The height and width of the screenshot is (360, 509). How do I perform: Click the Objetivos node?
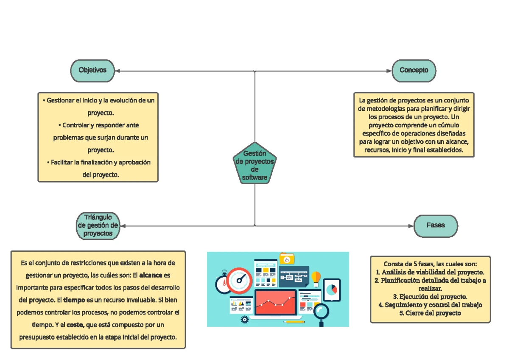(92, 70)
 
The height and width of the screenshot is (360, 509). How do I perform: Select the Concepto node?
(414, 70)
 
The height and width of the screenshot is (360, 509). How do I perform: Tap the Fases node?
(436, 225)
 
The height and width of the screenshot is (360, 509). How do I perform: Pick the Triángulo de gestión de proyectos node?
(98, 225)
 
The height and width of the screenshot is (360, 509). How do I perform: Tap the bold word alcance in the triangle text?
(151, 275)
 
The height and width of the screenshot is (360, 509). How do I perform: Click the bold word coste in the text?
(75, 325)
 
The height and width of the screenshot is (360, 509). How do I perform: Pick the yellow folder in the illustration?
(287, 259)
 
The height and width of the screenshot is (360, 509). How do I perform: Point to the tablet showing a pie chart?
(332, 290)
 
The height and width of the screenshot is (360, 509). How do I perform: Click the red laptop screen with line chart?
(275, 302)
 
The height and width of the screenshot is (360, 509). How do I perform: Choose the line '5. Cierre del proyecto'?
(430, 313)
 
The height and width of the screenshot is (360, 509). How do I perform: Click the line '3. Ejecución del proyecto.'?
(430, 296)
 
